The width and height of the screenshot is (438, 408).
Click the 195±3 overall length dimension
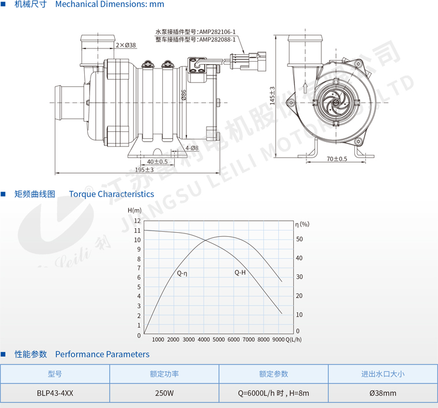[x=144, y=169]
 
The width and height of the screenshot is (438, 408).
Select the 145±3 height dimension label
[x=272, y=96]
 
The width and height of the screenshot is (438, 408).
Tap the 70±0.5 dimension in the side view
[x=337, y=158]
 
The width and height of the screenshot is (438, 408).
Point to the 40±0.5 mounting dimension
[x=158, y=161]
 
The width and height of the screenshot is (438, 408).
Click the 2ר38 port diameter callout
[x=126, y=45]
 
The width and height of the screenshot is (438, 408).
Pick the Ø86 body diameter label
[x=184, y=95]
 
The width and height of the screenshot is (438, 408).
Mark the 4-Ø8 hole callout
[x=192, y=148]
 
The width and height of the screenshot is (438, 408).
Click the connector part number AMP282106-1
[x=218, y=32]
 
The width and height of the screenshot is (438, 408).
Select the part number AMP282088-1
[x=218, y=40]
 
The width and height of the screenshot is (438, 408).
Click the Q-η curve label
[x=182, y=273]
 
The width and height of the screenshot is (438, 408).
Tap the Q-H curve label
[x=240, y=273]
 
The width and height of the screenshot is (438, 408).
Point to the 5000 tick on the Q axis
[x=219, y=339]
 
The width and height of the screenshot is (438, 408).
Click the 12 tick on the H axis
[x=137, y=221]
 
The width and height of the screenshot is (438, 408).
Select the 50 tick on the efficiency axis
[x=299, y=239]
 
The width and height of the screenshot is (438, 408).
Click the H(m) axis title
[x=134, y=210]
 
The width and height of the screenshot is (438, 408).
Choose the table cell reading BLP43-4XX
[x=55, y=393]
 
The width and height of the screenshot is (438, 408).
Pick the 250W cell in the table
[x=164, y=393]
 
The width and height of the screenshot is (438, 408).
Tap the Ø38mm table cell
[x=383, y=393]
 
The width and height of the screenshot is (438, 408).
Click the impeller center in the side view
[x=335, y=103]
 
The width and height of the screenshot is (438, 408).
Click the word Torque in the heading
[x=83, y=194]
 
